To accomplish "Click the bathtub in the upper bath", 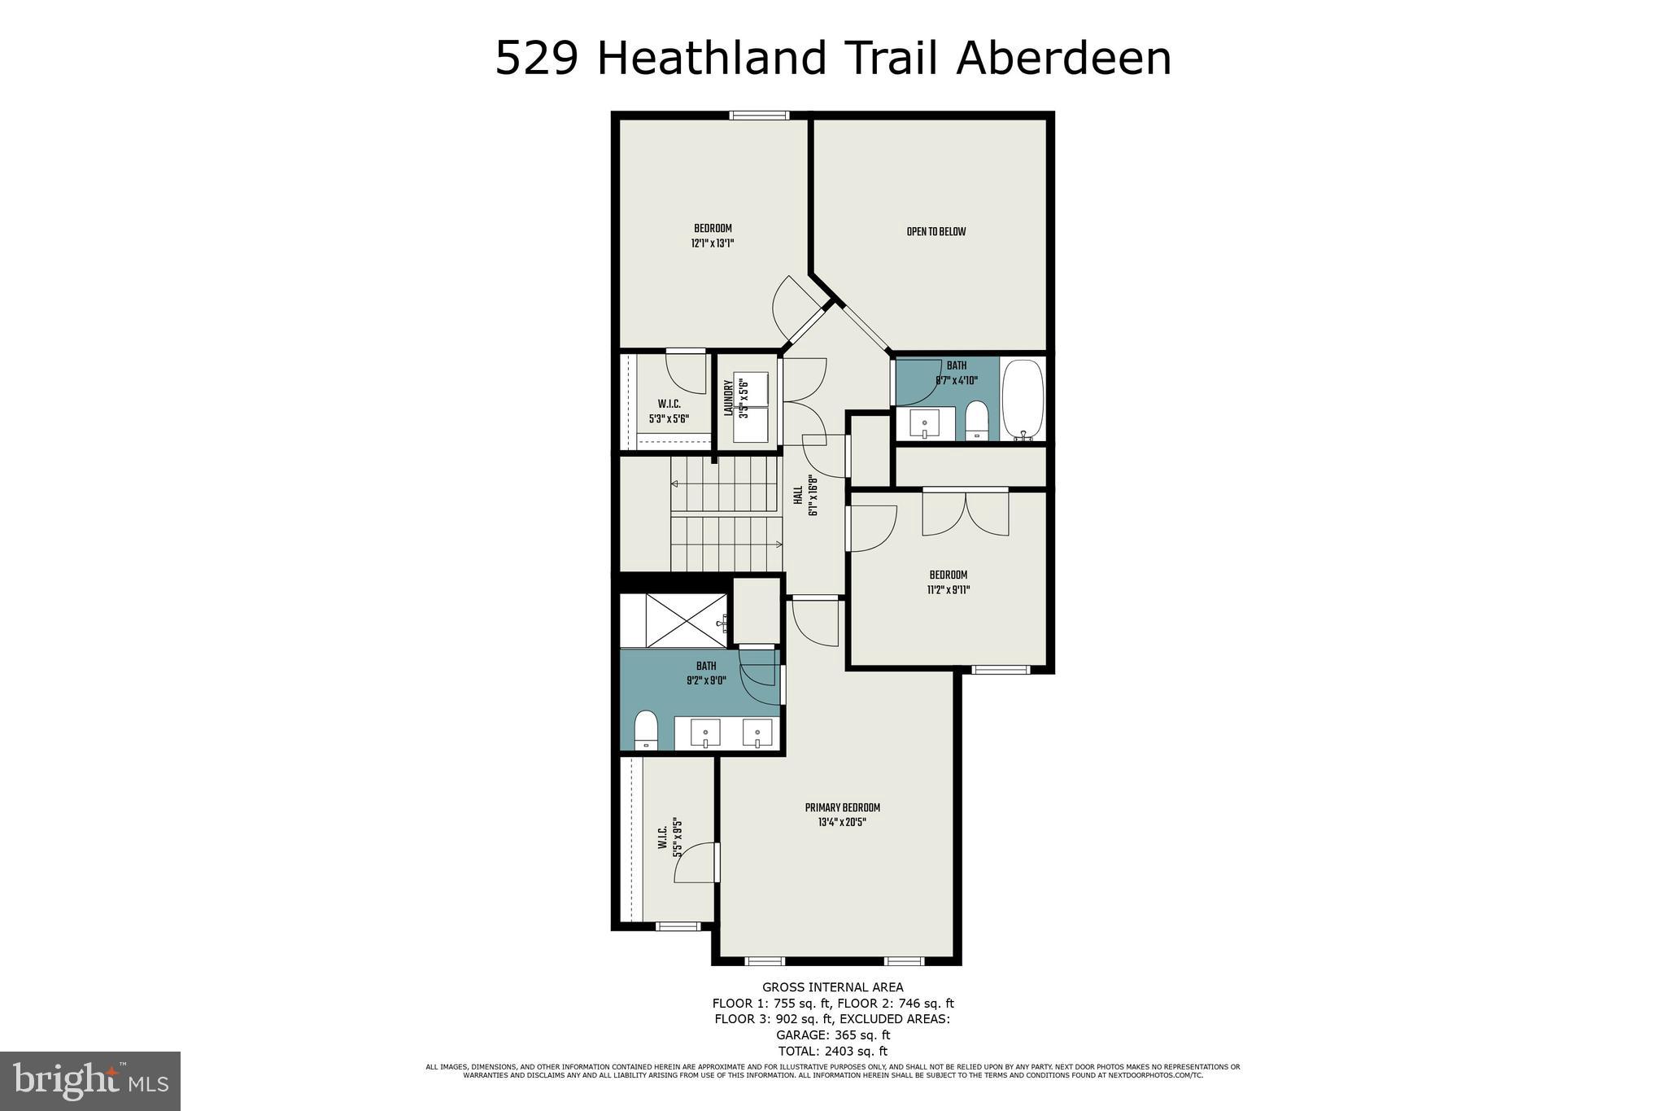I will pos(1022,400).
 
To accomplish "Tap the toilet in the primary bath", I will pos(646,728).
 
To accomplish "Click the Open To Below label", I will pos(935,232).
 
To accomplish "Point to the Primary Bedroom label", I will pos(842,807).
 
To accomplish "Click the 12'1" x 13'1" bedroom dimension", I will pos(713,243).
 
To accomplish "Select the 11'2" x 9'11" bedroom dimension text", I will pos(948,590).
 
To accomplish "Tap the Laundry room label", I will pos(729,399).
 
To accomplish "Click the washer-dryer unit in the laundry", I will pos(751,408).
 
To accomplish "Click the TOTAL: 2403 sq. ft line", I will pos(832,1051).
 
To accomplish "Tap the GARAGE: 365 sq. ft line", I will pos(832,1034).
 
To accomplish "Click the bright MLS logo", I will pos(90,1080).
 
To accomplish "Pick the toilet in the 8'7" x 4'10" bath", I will pos(976,420).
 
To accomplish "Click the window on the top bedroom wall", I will pos(759,116).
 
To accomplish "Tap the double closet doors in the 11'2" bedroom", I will pos(966,513).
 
